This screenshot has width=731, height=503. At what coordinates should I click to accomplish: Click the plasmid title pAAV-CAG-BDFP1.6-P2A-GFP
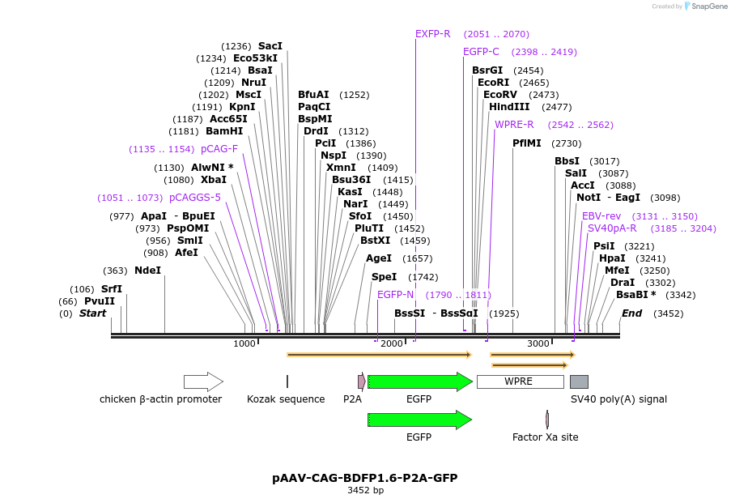pyautogui.click(x=364, y=478)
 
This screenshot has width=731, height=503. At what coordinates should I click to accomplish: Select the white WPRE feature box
pyautogui.click(x=520, y=382)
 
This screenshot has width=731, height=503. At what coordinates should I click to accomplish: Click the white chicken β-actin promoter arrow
pyautogui.click(x=203, y=382)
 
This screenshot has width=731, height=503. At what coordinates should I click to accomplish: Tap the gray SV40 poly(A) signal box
pyautogui.click(x=579, y=382)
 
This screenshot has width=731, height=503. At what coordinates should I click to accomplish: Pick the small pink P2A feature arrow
pyautogui.click(x=361, y=382)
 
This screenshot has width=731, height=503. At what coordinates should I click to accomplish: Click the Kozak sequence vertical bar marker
pyautogui.click(x=287, y=382)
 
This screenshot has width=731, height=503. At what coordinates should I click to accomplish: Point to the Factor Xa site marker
pyautogui.click(x=547, y=419)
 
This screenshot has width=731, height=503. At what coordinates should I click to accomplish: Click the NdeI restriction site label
pyautogui.click(x=147, y=271)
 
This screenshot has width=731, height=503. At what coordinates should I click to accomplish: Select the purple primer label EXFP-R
pyautogui.click(x=432, y=34)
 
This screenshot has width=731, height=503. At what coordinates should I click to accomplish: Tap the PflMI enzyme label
pyautogui.click(x=526, y=143)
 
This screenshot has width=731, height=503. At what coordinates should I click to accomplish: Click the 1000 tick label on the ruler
pyautogui.click(x=244, y=344)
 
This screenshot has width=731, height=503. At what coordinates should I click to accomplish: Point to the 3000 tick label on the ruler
pyautogui.click(x=538, y=344)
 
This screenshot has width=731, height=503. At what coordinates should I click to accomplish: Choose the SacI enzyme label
pyautogui.click(x=270, y=46)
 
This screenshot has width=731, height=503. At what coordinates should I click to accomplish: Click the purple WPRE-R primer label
pyautogui.click(x=514, y=125)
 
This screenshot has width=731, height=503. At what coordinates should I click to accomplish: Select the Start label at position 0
pyautogui.click(x=92, y=313)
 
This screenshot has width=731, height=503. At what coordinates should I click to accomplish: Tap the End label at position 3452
pyautogui.click(x=631, y=313)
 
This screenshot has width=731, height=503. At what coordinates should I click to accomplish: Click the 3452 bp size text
pyautogui.click(x=365, y=490)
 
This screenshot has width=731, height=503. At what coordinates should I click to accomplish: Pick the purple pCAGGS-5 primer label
pyautogui.click(x=194, y=198)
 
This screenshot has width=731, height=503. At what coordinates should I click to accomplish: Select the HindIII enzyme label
pyautogui.click(x=508, y=107)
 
